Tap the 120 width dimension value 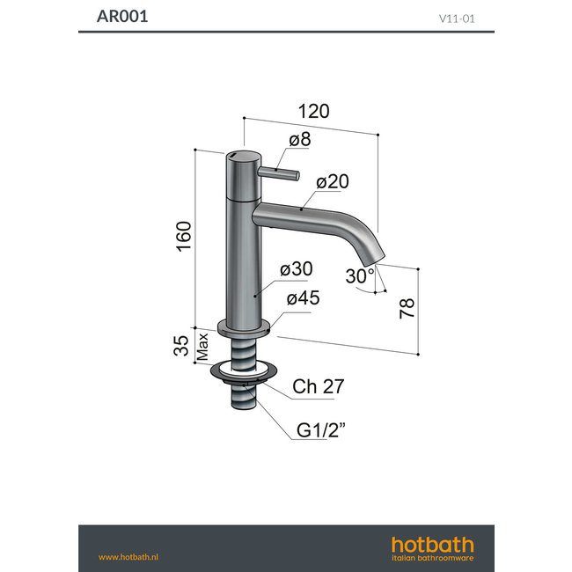pos(313,111)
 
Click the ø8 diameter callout pos(299,140)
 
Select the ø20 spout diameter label pos(333,182)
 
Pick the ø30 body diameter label pos(297,269)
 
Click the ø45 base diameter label pos(302,298)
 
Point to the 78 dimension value pos(407,309)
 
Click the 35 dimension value pos(183,345)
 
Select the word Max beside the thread pos(202,347)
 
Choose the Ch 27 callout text pos(318,386)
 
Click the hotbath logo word pos(432,544)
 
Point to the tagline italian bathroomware pos(432,558)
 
